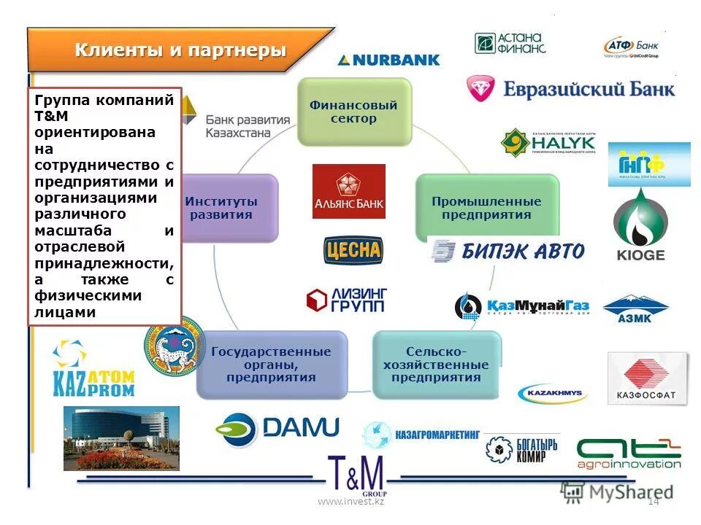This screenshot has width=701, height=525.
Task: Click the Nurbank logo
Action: point(388,60)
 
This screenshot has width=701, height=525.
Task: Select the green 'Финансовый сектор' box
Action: point(354,112)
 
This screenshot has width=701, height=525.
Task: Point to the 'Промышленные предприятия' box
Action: point(486,208)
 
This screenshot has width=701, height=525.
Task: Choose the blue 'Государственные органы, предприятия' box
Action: point(271,365)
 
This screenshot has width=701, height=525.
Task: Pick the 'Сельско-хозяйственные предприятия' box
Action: point(436,365)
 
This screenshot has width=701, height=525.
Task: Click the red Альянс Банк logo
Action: point(348,191)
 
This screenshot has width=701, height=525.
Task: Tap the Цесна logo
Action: point(353,251)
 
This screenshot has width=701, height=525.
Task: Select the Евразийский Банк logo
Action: point(570,89)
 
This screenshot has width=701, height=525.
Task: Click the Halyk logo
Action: point(548,143)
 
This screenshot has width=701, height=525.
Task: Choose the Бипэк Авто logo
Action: point(508,252)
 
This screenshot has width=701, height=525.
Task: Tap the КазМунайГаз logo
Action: point(521,306)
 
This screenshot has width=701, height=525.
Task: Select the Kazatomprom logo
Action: point(93,369)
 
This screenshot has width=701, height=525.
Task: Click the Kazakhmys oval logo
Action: point(552,394)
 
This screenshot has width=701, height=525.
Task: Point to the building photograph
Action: point(121,437)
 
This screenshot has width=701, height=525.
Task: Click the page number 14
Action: point(654,500)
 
